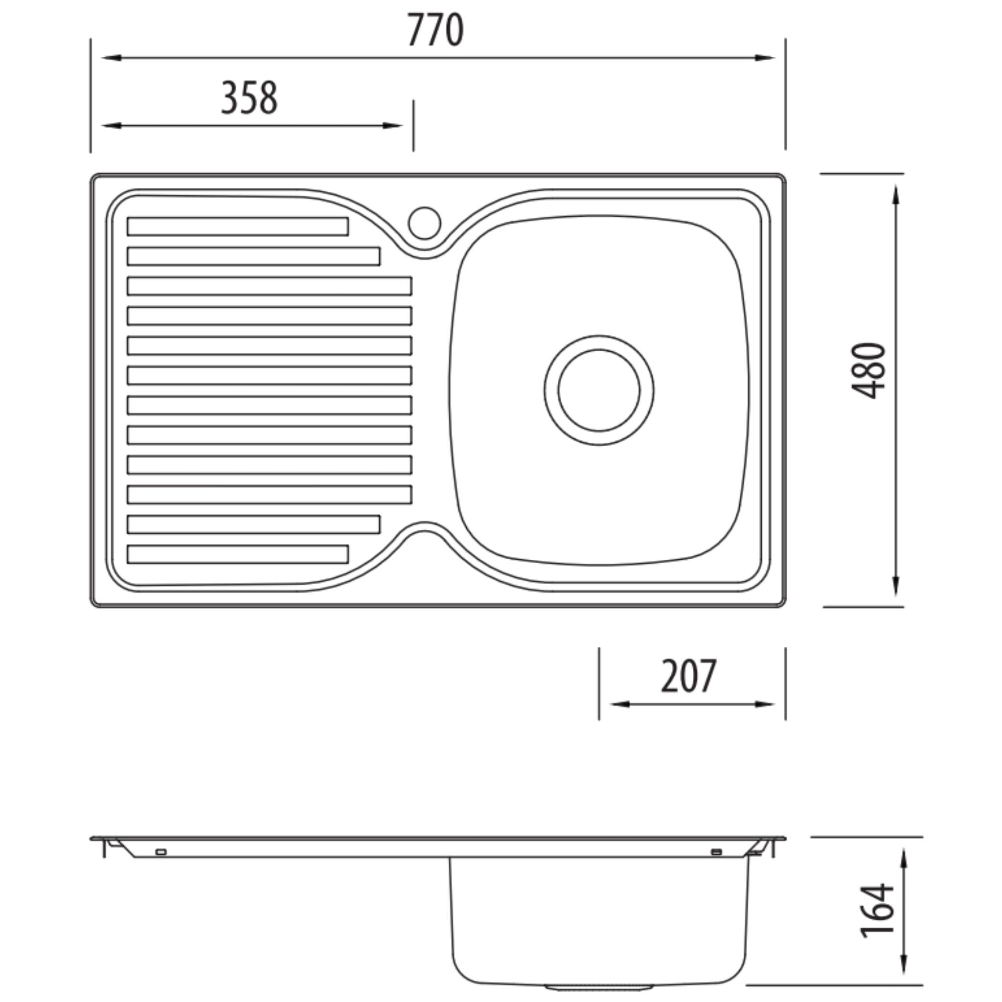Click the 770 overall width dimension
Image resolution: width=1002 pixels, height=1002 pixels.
point(434,30)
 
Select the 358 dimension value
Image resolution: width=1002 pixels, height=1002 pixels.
point(250,97)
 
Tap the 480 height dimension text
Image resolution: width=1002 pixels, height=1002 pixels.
point(869,370)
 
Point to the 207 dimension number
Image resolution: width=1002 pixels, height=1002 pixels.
point(689,676)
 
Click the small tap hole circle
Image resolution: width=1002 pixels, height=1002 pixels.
point(424,223)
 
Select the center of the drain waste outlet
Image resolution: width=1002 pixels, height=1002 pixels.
point(599,390)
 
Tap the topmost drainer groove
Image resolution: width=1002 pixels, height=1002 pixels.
point(237,227)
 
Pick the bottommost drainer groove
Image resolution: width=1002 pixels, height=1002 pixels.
point(237,554)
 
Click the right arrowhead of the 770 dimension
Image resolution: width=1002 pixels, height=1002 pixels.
point(767,58)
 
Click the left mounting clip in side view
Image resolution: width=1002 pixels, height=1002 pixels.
point(161,852)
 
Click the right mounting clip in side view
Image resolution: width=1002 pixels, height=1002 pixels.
point(716,852)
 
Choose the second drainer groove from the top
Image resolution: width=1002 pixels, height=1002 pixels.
point(253,256)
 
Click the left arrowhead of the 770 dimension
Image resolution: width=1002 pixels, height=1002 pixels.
point(111,58)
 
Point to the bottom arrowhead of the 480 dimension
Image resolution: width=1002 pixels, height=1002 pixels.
point(897,587)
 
